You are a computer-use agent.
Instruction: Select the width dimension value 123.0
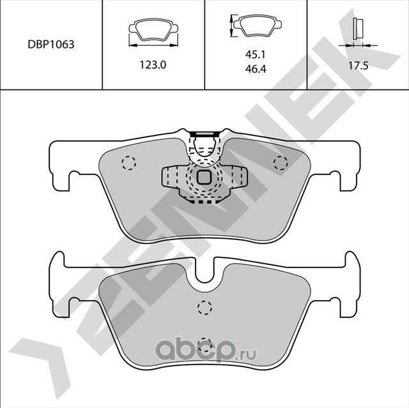[x=153, y=64]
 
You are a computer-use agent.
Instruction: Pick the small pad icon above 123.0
[x=153, y=30]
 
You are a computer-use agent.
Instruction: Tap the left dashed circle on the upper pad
[x=128, y=163]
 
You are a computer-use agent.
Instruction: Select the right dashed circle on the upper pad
[x=280, y=162]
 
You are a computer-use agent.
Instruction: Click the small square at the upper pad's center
[x=204, y=177]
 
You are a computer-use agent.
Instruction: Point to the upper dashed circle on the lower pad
[x=204, y=307]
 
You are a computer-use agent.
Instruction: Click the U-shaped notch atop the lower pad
[x=204, y=275]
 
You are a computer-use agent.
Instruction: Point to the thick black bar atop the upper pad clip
[x=204, y=133]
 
